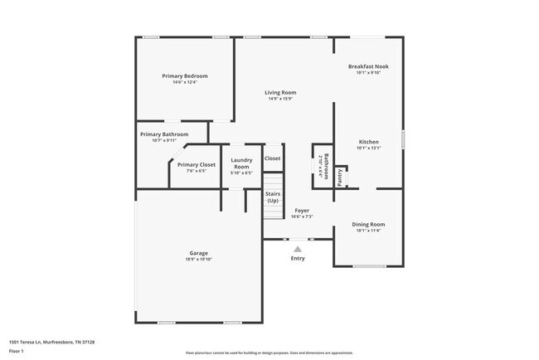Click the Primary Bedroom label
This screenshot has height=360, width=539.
click(x=184, y=75)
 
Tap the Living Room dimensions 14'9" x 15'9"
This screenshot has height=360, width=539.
click(x=280, y=99)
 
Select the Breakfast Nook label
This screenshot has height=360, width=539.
click(x=368, y=66)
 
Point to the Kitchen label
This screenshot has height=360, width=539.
click(x=368, y=142)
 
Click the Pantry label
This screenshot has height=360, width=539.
click(x=340, y=178)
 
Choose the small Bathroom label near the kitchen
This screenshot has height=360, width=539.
click(x=326, y=167)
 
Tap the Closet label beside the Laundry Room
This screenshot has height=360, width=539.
click(x=272, y=158)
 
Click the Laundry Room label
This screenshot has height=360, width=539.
click(x=241, y=163)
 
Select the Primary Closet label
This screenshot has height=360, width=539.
click(x=197, y=164)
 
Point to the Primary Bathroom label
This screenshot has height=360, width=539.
click(x=164, y=134)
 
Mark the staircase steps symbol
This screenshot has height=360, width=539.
click(x=273, y=212)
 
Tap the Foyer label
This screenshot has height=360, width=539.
click(x=302, y=211)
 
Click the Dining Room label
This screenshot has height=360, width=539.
click(x=368, y=224)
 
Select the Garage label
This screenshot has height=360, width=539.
click(x=198, y=253)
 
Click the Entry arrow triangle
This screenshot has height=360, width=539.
click(x=298, y=248)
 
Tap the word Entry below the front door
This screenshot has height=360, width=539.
click(x=298, y=258)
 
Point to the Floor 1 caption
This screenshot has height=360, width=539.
click(x=16, y=351)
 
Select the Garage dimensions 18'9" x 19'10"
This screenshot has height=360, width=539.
click(x=198, y=260)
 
